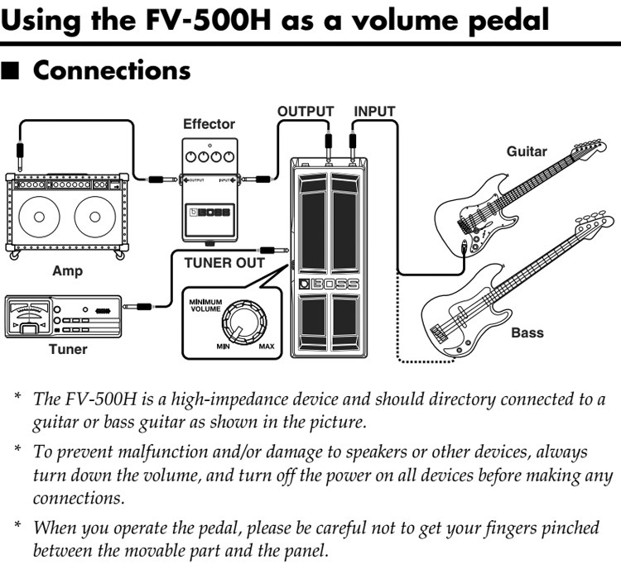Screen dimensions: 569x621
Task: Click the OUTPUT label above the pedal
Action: pos(306,111)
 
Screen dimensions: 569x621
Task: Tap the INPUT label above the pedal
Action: pos(374,111)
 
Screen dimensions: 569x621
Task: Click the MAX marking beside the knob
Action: pos(266,346)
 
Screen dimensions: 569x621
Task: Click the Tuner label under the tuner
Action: pos(67,349)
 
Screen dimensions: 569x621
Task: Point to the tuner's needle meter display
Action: pos(30,315)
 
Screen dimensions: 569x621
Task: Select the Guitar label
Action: pos(527,151)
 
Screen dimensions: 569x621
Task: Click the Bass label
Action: pos(527,333)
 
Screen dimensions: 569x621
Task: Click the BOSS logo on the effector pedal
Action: pos(213,212)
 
